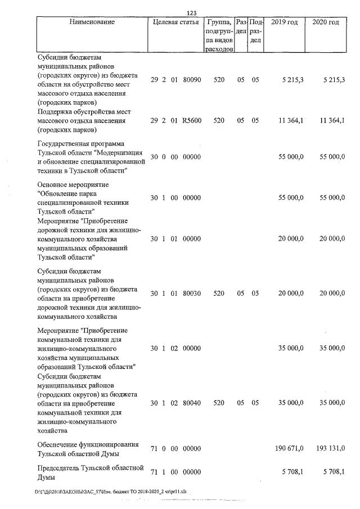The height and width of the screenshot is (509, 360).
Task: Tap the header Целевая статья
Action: pyautogui.click(x=175, y=22)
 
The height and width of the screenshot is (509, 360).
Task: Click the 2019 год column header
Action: pyautogui.click(x=284, y=22)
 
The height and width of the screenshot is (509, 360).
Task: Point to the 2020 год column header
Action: pyautogui.click(x=325, y=22)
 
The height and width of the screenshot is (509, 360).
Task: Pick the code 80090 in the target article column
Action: pyautogui.click(x=192, y=80)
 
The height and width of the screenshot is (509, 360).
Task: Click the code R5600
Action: pyautogui.click(x=192, y=121)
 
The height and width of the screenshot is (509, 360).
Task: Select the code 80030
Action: pyautogui.click(x=192, y=293)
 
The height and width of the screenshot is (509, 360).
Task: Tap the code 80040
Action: pyautogui.click(x=192, y=403)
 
